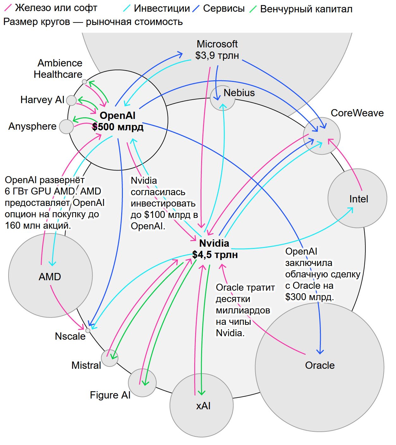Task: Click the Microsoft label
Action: pyautogui.click(x=217, y=44)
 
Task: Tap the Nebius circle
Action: pyautogui.click(x=223, y=98)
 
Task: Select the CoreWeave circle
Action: pyautogui.click(x=321, y=136)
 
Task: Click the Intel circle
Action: pyautogui.click(x=357, y=198)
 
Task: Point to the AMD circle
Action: pyautogui.click(x=51, y=275)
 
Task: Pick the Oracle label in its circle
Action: pyautogui.click(x=320, y=365)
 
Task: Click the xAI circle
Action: pyautogui.click(x=201, y=405)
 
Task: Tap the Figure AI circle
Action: pyautogui.click(x=142, y=383)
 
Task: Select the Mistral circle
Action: pyautogui.click(x=110, y=358)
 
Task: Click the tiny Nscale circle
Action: pyautogui.click(x=88, y=331)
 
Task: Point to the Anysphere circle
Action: pyautogui.click(x=66, y=127)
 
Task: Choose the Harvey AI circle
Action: pyautogui.click(x=71, y=100)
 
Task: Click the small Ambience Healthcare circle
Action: pyautogui.click(x=84, y=82)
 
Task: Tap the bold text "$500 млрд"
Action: pyautogui.click(x=118, y=127)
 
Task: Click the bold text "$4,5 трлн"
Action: pyautogui.click(x=215, y=255)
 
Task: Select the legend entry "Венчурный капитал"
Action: pyautogui.click(x=306, y=9)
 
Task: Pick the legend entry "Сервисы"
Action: pyautogui.click(x=224, y=9)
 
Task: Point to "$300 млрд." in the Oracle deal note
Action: pyautogui.click(x=309, y=297)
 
